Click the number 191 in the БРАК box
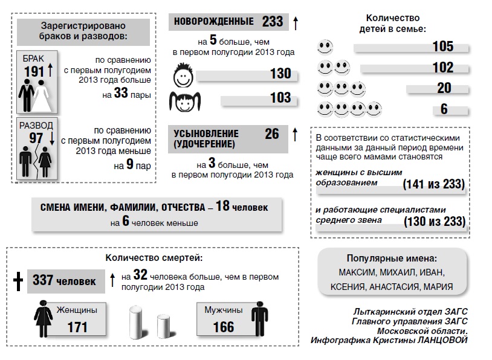point(34,72)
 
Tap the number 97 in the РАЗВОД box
point(36,138)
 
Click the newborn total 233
point(273,22)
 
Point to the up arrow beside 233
point(296,22)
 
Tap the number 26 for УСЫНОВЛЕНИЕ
point(271,133)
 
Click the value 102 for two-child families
point(442,68)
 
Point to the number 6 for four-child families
point(444,109)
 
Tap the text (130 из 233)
point(433,222)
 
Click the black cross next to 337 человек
point(18,280)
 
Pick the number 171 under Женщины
point(77,327)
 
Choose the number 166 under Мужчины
point(223,327)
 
